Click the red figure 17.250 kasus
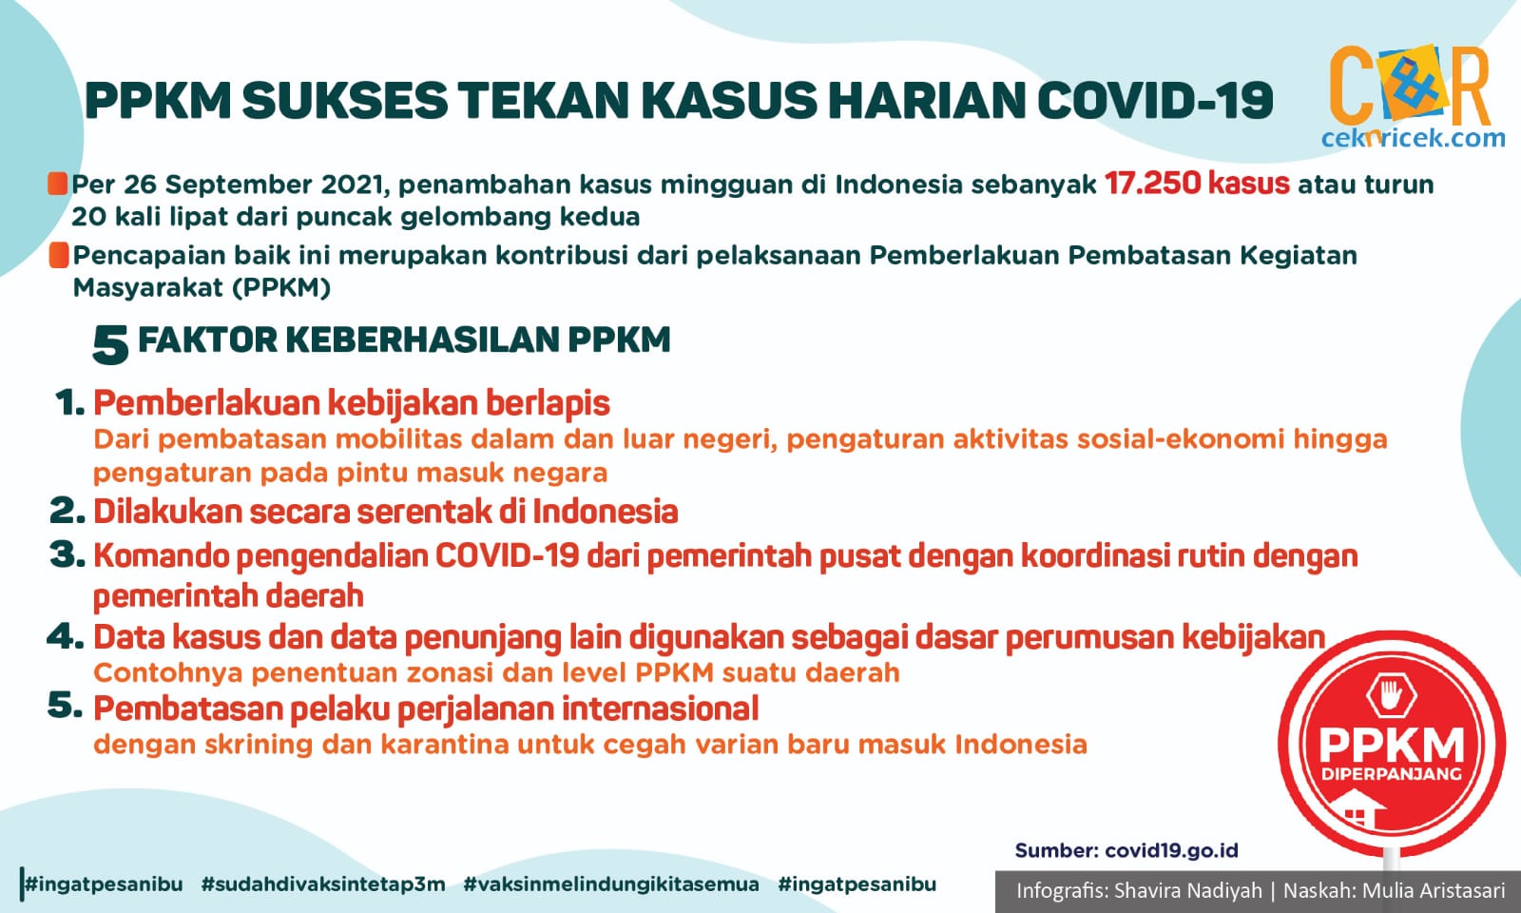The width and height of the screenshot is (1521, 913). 1197,184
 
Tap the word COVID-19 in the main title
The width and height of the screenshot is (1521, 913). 1155,101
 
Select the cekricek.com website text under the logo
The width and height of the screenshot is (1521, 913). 1413,138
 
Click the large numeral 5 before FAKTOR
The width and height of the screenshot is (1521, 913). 110,345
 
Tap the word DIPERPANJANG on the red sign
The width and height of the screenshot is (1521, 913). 1392,774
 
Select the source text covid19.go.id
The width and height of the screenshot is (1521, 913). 1171,850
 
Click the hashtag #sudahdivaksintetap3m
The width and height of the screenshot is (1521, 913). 323,884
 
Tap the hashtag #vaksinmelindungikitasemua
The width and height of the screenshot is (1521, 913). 611,884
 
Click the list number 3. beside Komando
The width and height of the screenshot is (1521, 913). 67,555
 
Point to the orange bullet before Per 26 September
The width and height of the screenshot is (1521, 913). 57,184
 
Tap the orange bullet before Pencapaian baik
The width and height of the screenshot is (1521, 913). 59,256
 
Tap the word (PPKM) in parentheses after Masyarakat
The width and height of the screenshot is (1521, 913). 281,288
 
